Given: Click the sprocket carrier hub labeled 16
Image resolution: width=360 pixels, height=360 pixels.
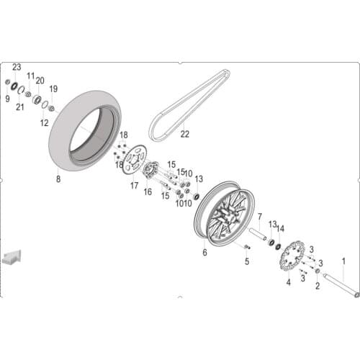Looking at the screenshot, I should tap(150, 171).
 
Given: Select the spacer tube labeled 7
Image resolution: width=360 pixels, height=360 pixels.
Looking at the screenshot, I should tap(257, 234).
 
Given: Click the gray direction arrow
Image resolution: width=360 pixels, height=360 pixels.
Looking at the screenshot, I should tap(12, 257).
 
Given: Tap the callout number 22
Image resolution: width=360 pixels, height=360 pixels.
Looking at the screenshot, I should tap(184, 134).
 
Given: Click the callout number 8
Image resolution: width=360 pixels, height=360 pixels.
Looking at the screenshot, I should tap(58, 180).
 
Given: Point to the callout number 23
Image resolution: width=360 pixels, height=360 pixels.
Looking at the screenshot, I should tap(17, 66).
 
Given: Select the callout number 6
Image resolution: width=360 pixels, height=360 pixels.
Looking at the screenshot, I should tap(204, 253).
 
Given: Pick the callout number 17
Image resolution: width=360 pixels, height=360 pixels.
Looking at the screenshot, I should tap(134, 185).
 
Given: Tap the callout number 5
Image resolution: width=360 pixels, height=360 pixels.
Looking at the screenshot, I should tap(246, 261).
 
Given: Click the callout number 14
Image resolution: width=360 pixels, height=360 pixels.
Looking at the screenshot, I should tap(281, 228).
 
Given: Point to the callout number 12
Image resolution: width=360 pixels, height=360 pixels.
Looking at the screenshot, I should tap(44, 122).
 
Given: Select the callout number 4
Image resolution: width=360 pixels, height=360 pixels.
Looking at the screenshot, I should tap(288, 283).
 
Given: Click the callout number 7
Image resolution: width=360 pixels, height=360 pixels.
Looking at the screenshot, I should tap(259, 216).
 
